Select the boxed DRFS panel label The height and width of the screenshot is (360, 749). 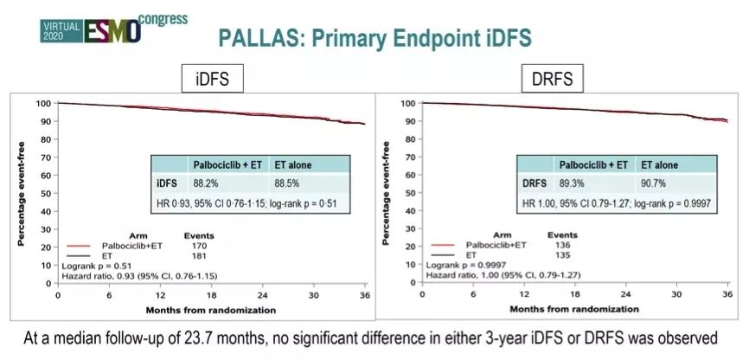[553, 81]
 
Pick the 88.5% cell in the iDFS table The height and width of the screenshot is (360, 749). [289, 182]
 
